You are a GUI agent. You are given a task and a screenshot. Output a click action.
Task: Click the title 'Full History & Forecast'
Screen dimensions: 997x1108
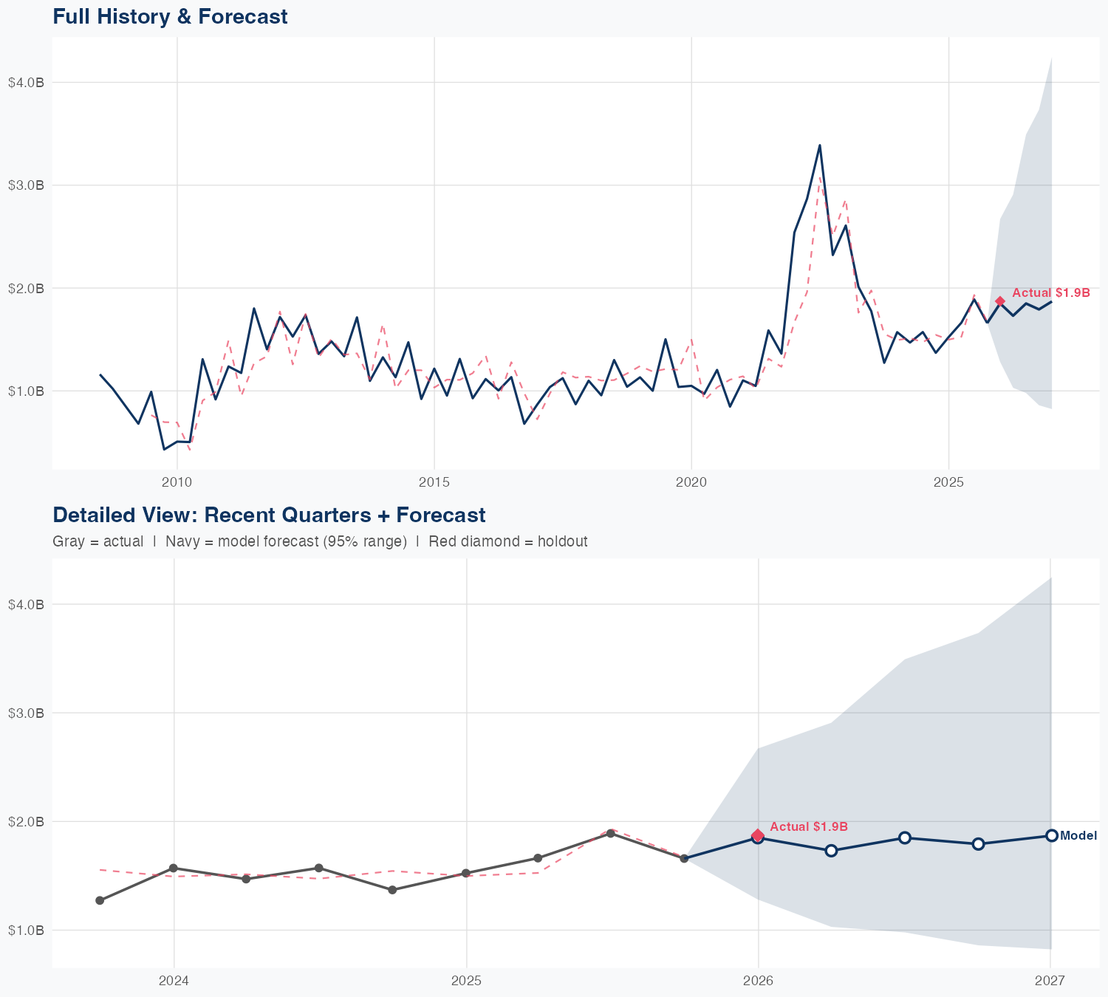pos(170,16)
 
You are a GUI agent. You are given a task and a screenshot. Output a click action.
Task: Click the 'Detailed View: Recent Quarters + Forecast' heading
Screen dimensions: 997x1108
pos(269,515)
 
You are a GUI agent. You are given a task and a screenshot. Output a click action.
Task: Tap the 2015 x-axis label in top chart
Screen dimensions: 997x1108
pos(434,483)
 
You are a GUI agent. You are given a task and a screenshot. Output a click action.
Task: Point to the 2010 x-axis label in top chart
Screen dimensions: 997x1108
pos(177,483)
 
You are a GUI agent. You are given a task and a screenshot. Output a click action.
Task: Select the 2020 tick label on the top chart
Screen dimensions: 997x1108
pos(691,483)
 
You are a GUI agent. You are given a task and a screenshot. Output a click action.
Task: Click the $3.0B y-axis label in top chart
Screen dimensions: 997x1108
pos(26,185)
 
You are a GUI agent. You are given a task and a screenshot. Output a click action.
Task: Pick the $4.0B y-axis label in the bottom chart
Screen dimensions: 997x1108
pos(26,605)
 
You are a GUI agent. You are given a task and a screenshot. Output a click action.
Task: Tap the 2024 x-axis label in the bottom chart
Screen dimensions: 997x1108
pos(174,981)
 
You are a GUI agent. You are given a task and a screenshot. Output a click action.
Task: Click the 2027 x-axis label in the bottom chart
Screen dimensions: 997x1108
pos(1050,981)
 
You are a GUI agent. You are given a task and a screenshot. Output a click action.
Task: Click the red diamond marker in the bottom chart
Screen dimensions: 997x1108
pos(758,835)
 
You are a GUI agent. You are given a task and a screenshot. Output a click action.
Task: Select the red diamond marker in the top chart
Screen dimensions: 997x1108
pos(1000,301)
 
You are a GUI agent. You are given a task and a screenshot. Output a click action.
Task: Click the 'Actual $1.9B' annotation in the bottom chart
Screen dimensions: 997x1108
pos(808,827)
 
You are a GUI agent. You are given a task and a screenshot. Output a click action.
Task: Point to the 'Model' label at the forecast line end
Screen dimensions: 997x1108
pos(1078,836)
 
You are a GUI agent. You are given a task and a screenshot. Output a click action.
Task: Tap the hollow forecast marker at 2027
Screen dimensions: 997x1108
pos(1051,836)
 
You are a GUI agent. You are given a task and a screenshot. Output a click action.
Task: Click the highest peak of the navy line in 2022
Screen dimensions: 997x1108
pos(819,145)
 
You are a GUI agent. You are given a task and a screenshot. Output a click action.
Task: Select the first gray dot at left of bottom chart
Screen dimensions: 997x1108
pos(100,900)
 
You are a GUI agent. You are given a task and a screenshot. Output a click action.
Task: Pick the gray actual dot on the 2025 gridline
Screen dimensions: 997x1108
pos(466,873)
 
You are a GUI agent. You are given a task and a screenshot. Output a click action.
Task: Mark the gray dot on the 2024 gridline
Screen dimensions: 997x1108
pos(174,868)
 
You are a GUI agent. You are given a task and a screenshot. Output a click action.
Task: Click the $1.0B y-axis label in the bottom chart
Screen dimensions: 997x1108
pos(26,931)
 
